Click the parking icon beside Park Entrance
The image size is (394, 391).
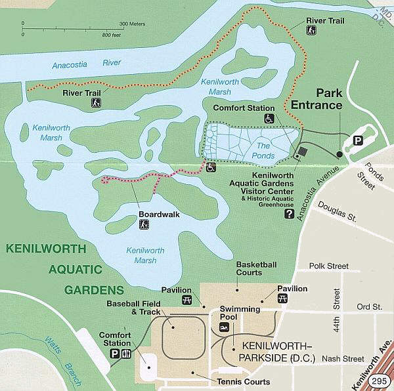pyautogui.click(x=359, y=140)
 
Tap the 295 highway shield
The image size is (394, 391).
pyautogui.click(x=378, y=381)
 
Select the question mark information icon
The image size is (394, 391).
pyautogui.click(x=288, y=213)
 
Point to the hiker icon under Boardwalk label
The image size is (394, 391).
pyautogui.click(x=144, y=225)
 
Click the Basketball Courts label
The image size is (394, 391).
pyautogui.click(x=256, y=268)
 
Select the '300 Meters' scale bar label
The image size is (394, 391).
pyautogui.click(x=132, y=24)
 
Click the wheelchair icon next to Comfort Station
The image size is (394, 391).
pyautogui.click(x=269, y=119)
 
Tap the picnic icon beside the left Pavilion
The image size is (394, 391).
pyautogui.click(x=186, y=300)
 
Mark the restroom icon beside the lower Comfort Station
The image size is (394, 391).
pyautogui.click(x=126, y=354)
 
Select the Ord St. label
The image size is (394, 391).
pyautogui.click(x=368, y=306)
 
